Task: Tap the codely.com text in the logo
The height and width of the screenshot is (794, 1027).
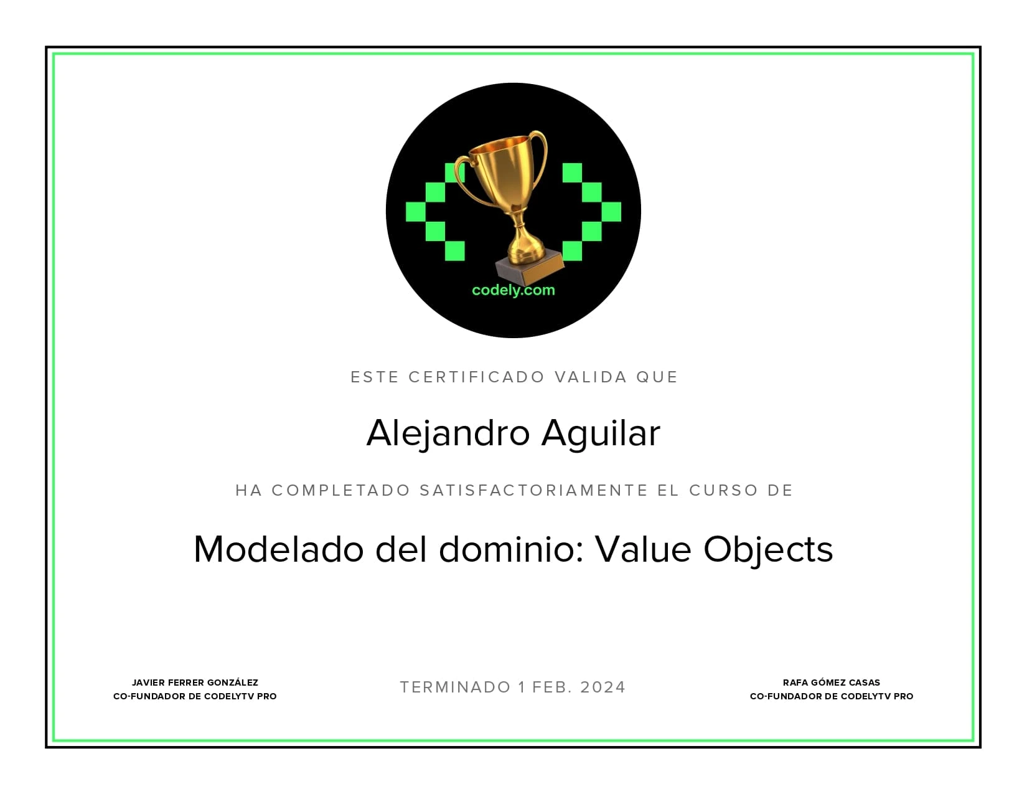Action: tap(513, 290)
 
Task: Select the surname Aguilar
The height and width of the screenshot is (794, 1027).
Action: tap(601, 433)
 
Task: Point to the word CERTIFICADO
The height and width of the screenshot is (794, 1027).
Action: tap(477, 377)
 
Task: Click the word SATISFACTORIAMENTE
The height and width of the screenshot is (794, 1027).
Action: tap(534, 491)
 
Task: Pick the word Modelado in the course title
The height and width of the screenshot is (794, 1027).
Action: tap(278, 549)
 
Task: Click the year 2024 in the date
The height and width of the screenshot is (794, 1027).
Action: tap(603, 688)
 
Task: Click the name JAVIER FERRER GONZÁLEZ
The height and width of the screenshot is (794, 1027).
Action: tap(195, 683)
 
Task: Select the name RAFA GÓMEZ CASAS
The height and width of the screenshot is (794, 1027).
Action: tap(832, 683)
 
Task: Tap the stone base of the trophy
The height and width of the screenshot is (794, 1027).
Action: tap(529, 268)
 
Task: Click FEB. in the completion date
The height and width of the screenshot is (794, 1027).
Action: tap(553, 688)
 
